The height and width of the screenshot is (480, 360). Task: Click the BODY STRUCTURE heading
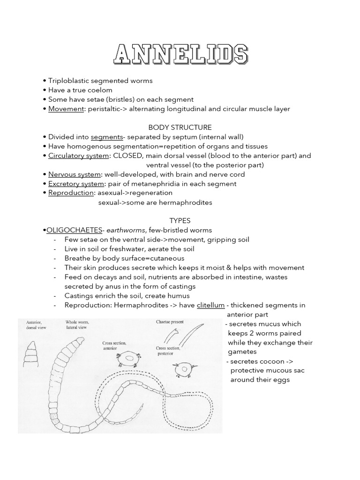coord(180,127)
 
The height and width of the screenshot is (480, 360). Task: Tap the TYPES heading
coord(180,220)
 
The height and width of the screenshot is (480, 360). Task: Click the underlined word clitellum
coord(210,305)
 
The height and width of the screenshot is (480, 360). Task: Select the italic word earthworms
coord(126,230)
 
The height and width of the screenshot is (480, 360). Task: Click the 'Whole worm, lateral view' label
coord(78,325)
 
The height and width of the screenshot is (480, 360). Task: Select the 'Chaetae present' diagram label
coord(170,322)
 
